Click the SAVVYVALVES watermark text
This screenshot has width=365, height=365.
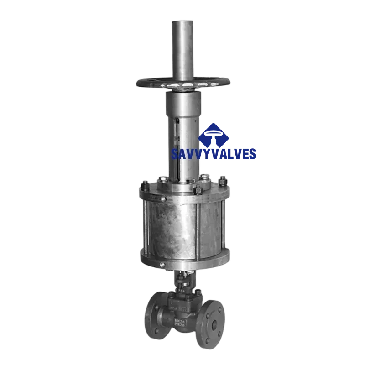click(214, 154)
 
